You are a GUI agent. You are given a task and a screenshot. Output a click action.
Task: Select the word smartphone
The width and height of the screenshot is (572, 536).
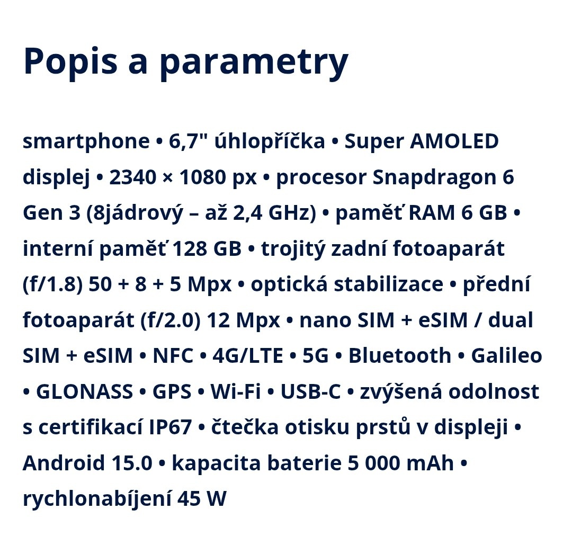pyautogui.click(x=86, y=141)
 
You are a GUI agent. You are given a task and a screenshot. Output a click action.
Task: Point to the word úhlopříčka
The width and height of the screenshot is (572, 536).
pyautogui.click(x=269, y=141)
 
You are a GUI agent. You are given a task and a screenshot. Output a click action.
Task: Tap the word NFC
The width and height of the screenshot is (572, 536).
pyautogui.click(x=173, y=356)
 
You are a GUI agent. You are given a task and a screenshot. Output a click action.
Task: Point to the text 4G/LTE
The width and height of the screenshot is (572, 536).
pyautogui.click(x=247, y=356)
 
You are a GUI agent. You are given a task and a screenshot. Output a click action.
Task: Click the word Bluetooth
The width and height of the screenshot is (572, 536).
pyautogui.click(x=399, y=356)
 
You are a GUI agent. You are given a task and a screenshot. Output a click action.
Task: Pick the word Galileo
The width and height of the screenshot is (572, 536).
pyautogui.click(x=506, y=356)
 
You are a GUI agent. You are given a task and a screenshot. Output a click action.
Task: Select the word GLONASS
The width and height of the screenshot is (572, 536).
pyautogui.click(x=84, y=392)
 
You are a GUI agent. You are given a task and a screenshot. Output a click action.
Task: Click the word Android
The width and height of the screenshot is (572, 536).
pyautogui.click(x=64, y=463)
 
